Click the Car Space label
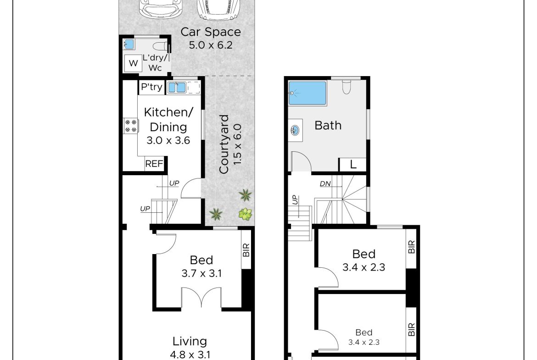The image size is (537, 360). click(211, 32)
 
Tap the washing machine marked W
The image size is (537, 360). click(133, 63)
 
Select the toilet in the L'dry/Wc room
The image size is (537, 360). click(160, 46)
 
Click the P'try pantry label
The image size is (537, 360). click(151, 87)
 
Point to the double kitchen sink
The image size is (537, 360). click(177, 88)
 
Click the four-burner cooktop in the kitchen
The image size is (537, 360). click(131, 126)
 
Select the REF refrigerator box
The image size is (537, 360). click(154, 164)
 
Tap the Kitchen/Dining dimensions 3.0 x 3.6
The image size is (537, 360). click(168, 140)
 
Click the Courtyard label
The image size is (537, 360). click(224, 144)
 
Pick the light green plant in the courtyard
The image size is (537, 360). click(245, 214)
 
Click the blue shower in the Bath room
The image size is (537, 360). click(307, 93)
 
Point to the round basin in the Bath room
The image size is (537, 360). click(295, 130)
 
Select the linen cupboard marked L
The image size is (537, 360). click(352, 165)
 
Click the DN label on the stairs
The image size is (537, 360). click(325, 184)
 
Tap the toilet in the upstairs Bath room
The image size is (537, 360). click(347, 87)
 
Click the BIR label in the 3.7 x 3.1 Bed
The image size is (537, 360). click(246, 250)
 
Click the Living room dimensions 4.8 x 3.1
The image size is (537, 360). click(190, 354)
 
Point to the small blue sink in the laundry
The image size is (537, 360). click(129, 44)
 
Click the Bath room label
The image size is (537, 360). click(328, 126)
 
